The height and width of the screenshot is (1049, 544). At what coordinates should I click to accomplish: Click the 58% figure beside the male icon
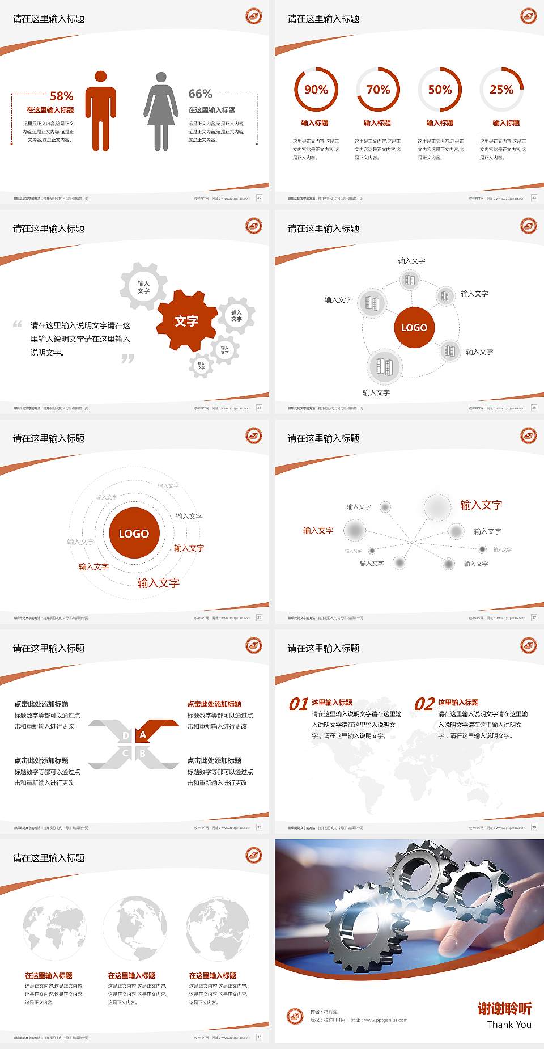coord(61,96)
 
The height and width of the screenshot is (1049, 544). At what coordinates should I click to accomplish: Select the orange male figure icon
coord(101,111)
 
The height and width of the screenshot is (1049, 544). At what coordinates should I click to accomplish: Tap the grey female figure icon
coord(161,112)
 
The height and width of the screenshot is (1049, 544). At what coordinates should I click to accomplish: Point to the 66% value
coord(200,94)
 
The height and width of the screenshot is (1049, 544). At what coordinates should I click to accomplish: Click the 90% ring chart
coord(316,90)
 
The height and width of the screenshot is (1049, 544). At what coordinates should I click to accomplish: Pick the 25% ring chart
coord(501,90)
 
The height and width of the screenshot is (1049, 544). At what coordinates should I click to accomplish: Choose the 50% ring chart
coord(440,90)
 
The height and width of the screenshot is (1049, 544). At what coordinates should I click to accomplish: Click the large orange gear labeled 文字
coord(186,321)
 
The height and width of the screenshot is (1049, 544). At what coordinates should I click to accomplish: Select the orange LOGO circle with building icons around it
coord(414,328)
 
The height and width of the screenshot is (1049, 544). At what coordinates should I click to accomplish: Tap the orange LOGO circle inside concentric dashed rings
coord(134,534)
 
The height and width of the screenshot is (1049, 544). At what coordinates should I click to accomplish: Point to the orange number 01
coord(299,704)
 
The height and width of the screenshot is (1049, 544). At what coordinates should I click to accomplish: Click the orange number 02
coord(424,704)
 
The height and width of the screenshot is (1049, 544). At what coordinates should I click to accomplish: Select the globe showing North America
coord(135,928)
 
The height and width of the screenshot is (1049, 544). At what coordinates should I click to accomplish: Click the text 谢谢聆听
coord(504,1008)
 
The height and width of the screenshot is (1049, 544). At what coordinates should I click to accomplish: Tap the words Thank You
coord(509,1025)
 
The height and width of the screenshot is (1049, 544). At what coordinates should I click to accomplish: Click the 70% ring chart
coord(378,90)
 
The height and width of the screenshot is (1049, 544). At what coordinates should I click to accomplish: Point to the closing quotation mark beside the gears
coord(127,358)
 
